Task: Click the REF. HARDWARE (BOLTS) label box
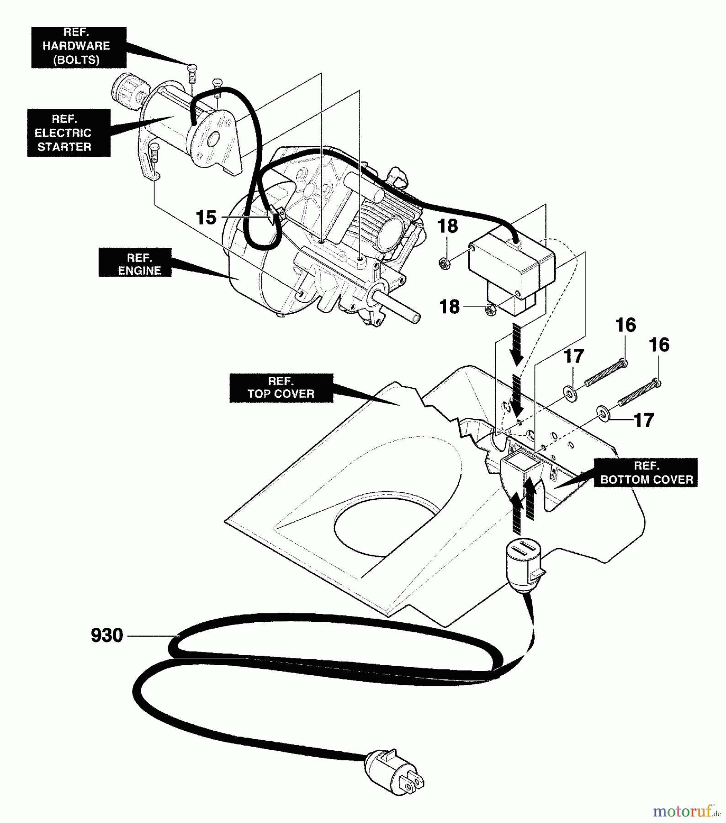pyautogui.click(x=79, y=47)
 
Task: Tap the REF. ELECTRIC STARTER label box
pyautogui.click(x=69, y=133)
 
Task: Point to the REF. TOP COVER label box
pyautogui.click(x=281, y=388)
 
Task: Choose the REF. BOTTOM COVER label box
pyautogui.click(x=646, y=473)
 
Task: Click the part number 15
pyautogui.click(x=206, y=218)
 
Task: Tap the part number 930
pyautogui.click(x=107, y=636)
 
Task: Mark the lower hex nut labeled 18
pyautogui.click(x=489, y=311)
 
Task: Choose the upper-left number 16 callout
pyautogui.click(x=625, y=326)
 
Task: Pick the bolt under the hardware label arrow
pyautogui.click(x=192, y=73)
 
